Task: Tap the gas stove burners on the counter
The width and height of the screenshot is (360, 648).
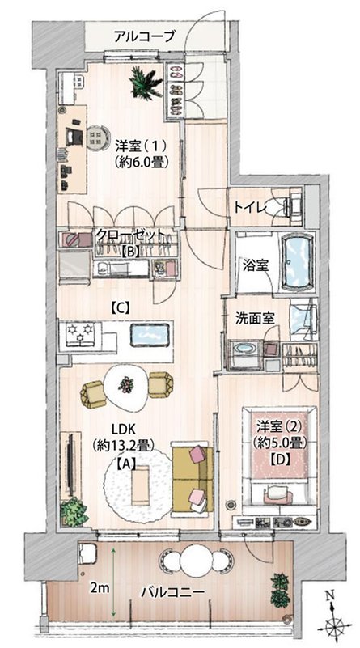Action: [80, 333]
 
